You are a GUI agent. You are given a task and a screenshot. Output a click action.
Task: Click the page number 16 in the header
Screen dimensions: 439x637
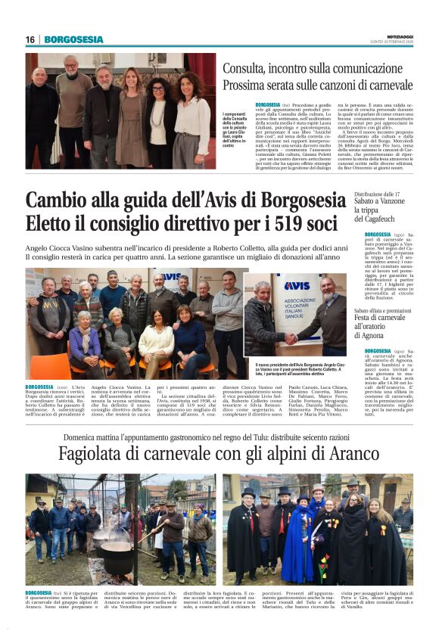[x=30, y=39]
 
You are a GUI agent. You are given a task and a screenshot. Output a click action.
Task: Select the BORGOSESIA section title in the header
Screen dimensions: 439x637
[x=73, y=39]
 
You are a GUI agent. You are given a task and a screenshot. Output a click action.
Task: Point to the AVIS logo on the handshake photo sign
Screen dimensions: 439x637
[x=297, y=286]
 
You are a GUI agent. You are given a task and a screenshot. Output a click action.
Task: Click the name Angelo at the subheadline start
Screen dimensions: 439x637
[x=39, y=247]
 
